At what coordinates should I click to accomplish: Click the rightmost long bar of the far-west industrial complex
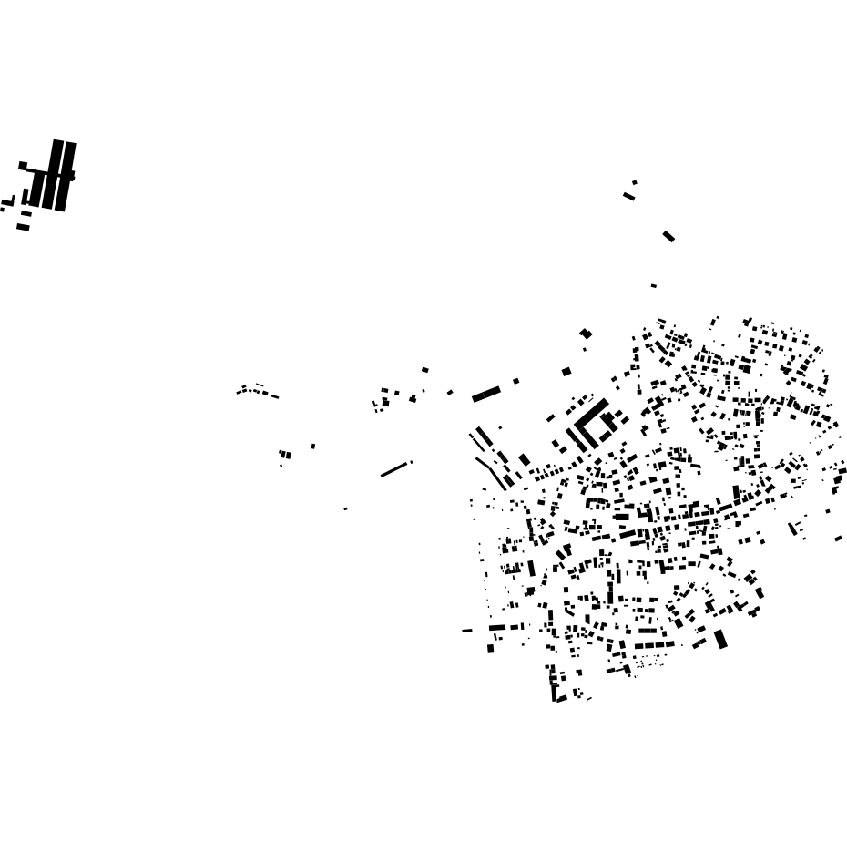(66, 175)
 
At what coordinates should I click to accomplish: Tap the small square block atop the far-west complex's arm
(23, 166)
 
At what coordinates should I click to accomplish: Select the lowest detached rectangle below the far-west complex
(23, 227)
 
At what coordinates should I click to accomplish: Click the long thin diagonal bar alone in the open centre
(394, 469)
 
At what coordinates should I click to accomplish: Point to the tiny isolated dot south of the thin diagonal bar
(345, 508)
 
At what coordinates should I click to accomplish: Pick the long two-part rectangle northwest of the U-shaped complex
(486, 395)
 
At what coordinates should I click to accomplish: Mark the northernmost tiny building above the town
(635, 182)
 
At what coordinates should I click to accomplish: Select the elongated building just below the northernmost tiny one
(628, 196)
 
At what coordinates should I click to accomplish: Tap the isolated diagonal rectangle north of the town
(668, 236)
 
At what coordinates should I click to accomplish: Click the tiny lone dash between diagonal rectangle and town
(653, 286)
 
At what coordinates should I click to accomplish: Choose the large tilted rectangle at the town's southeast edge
(720, 639)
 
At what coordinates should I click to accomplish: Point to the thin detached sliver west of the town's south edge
(467, 630)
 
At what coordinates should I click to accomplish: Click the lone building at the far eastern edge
(838, 539)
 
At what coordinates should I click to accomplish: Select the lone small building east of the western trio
(313, 446)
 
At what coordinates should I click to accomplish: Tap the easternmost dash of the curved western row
(275, 396)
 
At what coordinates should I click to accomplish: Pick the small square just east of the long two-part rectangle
(515, 381)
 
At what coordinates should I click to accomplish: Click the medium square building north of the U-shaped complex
(566, 372)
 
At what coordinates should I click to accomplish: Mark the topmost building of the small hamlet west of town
(424, 369)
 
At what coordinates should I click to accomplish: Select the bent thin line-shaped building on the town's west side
(492, 472)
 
